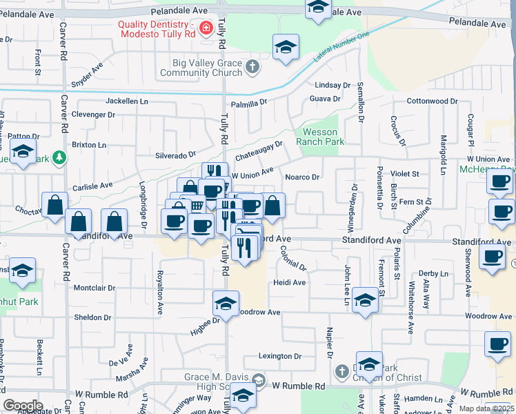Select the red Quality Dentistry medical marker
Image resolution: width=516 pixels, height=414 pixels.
(206, 28)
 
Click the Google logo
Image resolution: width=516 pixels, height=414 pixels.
(23, 405)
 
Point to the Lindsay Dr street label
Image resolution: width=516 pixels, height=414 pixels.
(333, 85)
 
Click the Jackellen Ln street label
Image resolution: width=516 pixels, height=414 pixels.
(127, 101)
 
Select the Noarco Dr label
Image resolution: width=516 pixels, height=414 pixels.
(302, 177)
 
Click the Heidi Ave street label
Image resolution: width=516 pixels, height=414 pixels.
(289, 283)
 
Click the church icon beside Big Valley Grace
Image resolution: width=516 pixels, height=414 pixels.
(252, 67)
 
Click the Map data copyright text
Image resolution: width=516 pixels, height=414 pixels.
(488, 408)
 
